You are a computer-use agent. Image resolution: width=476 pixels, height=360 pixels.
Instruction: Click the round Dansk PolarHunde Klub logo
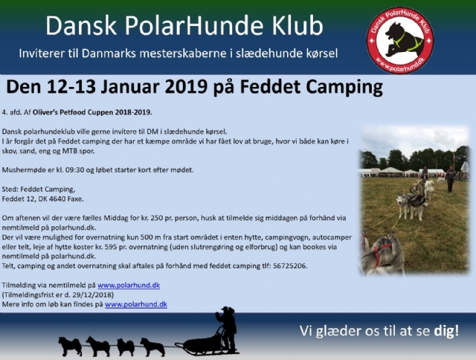[x=400, y=40]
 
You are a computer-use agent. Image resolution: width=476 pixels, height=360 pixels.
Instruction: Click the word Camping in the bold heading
[x=344, y=88]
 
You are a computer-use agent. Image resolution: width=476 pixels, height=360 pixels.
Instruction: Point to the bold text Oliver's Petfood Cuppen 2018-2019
[x=92, y=112]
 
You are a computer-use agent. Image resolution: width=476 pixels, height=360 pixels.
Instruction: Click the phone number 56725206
[x=289, y=266]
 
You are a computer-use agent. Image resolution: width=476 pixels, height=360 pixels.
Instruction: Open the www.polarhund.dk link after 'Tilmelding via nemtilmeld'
[x=129, y=286]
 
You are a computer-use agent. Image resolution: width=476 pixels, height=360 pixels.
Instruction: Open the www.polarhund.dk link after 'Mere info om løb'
[x=136, y=304]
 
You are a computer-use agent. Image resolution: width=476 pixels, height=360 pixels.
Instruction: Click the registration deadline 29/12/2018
[x=92, y=295]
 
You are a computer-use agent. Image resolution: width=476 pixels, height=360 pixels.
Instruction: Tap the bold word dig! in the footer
[x=446, y=331]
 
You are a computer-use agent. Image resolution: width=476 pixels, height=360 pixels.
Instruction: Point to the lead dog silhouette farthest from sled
[x=71, y=346]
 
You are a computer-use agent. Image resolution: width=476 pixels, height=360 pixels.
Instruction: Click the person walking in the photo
[x=450, y=179]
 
